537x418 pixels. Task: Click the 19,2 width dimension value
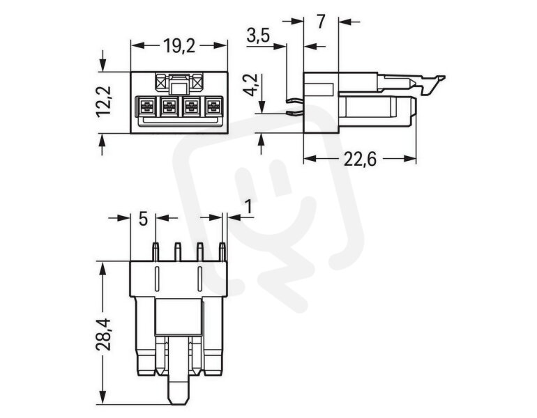(x=179, y=46)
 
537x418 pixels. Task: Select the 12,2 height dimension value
(x=103, y=102)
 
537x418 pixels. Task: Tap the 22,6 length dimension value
(x=360, y=159)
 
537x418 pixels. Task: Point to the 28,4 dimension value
(x=103, y=334)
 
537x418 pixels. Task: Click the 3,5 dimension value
(x=259, y=36)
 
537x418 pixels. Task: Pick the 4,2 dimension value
(x=253, y=85)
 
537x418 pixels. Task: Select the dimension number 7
(x=321, y=22)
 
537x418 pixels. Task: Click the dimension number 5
(x=143, y=219)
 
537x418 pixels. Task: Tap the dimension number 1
(x=248, y=207)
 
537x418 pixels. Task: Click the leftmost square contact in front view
(x=146, y=106)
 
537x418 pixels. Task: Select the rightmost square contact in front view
(x=213, y=106)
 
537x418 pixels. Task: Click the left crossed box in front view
(x=160, y=83)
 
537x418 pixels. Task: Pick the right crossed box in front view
(x=197, y=83)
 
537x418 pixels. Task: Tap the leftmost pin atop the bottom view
(x=156, y=251)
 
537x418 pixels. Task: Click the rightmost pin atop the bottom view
(x=222, y=251)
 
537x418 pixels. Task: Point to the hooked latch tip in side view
(x=441, y=78)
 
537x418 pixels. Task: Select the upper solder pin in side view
(x=294, y=100)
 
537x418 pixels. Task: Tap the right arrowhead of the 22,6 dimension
(x=410, y=159)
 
